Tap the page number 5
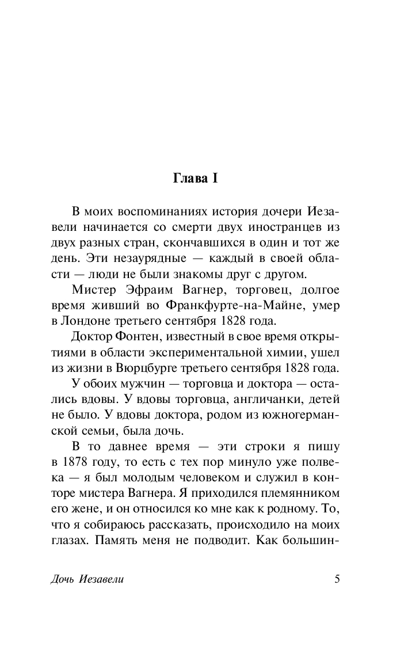(x=337, y=579)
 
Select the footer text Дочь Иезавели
(x=87, y=579)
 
